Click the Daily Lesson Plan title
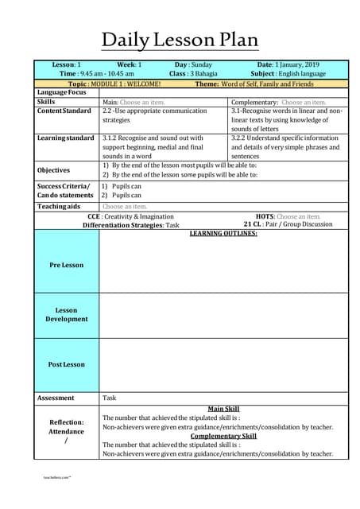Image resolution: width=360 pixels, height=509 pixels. pos(180,40)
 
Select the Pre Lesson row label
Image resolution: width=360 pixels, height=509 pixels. pos(67,265)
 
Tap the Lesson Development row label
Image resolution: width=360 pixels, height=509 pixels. pos(67,314)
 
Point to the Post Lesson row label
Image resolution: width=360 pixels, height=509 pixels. pos(67,364)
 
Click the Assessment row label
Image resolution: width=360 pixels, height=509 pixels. pos(56,397)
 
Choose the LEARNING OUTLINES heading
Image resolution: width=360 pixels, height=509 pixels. pos(223,233)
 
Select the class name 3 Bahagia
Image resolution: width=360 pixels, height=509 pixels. pos(203,73)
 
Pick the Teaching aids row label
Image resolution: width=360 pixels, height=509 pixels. pos(59,207)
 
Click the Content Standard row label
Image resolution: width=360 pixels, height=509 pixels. pos(64,111)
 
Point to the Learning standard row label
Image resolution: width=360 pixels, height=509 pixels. pos(66,138)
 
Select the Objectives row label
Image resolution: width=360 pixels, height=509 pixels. pos(53,170)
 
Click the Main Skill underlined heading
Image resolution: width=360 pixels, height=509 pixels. pos(223,409)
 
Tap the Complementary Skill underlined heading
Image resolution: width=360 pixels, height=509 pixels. pos(223,436)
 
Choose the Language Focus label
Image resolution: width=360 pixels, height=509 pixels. pos(62,93)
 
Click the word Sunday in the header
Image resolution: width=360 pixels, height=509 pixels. pos(202,64)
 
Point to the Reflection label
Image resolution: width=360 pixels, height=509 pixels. pos(67,422)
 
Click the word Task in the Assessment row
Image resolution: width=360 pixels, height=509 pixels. pos(110,397)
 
